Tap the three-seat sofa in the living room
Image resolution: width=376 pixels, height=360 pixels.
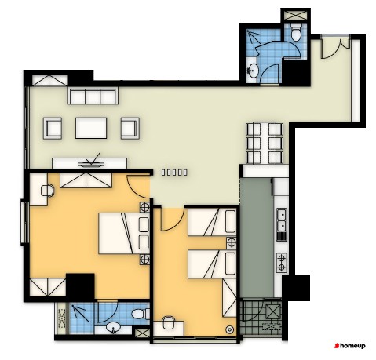click(x=93, y=96)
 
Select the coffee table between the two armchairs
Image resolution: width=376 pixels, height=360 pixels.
click(x=91, y=128)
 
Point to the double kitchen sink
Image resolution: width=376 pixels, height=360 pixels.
click(x=282, y=221)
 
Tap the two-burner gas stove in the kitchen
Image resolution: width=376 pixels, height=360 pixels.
click(x=282, y=263)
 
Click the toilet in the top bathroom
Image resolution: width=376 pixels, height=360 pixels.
click(x=296, y=32)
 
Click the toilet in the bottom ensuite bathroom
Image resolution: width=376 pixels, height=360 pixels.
click(x=140, y=314)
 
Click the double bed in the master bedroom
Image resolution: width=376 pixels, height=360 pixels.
click(x=124, y=234)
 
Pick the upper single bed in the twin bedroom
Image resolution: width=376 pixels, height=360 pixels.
click(x=212, y=222)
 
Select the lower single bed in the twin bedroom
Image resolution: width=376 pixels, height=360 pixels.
click(x=212, y=264)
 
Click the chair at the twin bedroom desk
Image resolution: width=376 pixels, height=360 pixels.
click(x=169, y=323)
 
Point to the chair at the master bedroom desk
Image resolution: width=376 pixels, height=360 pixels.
click(x=47, y=191)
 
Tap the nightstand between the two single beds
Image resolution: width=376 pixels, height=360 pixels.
click(x=232, y=243)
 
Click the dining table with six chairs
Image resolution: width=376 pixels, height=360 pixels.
click(x=265, y=143)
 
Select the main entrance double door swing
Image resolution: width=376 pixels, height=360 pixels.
click(x=336, y=48)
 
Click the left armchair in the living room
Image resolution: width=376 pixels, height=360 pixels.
click(x=53, y=128)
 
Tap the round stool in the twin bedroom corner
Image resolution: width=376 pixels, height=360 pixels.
click(x=229, y=329)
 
